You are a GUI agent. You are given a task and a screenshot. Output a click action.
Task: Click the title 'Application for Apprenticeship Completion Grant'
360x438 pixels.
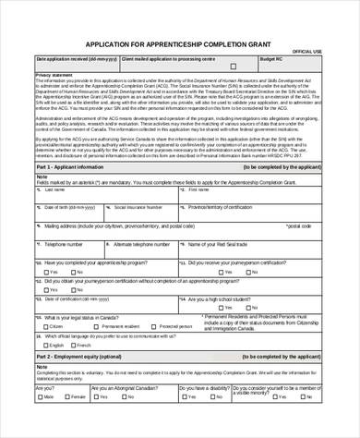coord(178,43)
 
